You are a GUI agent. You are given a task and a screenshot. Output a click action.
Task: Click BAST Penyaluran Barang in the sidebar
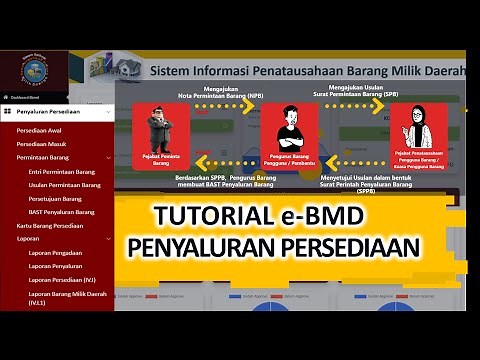point(63,212)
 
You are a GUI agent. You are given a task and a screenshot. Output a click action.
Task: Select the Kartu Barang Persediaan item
point(50,226)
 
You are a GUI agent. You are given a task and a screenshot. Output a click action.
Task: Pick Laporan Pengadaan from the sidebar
point(56,253)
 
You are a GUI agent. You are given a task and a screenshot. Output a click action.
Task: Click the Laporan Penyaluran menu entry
point(56,266)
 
